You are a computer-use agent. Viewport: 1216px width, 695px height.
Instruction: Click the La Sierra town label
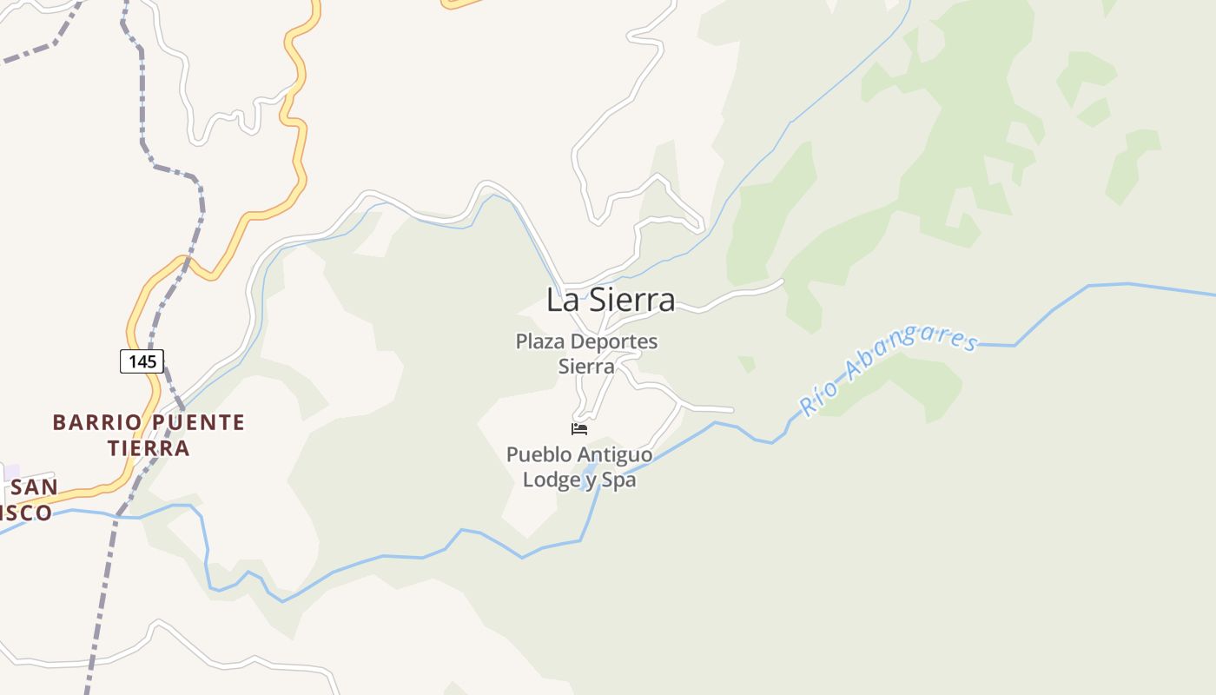[611, 300]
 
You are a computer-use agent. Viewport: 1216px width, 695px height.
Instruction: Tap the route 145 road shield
[142, 361]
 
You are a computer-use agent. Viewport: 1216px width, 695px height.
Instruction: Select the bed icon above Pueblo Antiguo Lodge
[579, 428]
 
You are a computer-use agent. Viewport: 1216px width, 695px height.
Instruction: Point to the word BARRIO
[96, 423]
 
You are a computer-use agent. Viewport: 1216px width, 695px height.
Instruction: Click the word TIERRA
[149, 448]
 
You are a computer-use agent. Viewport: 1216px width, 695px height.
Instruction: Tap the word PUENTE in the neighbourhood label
[199, 423]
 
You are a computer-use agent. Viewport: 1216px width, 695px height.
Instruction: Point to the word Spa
[618, 480]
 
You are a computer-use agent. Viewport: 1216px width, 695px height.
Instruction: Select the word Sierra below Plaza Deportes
[586, 367]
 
